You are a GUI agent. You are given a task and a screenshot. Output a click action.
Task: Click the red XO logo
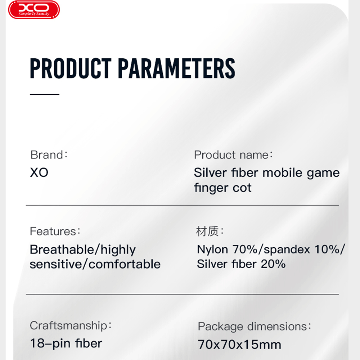(x=34, y=10)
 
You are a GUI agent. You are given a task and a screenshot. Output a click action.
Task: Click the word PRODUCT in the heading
(x=71, y=68)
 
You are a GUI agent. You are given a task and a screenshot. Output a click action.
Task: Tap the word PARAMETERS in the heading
(x=176, y=68)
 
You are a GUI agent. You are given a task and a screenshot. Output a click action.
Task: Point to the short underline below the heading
(x=45, y=94)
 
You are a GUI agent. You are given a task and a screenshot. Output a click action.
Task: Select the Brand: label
(x=49, y=155)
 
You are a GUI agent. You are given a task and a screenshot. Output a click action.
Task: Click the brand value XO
(x=39, y=172)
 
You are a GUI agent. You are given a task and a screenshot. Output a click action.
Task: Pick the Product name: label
(x=233, y=155)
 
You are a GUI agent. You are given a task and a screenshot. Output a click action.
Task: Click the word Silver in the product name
(x=210, y=172)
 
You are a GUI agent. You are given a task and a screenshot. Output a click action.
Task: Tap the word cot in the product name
(x=242, y=188)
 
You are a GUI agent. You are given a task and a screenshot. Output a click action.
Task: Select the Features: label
(x=55, y=231)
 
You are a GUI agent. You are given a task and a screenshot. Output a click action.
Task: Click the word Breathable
(x=62, y=249)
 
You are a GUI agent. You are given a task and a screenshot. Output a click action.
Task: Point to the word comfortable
(x=125, y=264)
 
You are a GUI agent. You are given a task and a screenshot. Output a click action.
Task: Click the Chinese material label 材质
(x=207, y=231)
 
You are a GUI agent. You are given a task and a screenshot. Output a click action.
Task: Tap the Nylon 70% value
(x=227, y=249)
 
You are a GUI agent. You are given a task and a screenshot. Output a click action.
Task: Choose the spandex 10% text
(x=302, y=249)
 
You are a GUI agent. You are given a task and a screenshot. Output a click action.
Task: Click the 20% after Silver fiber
(x=273, y=264)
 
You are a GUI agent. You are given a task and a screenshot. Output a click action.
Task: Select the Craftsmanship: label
(x=71, y=326)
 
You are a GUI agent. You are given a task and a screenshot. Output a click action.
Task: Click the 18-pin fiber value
(x=66, y=343)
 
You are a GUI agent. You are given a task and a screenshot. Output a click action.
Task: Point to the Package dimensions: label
(x=255, y=327)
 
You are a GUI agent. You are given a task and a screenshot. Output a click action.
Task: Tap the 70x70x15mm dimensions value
(x=240, y=345)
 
